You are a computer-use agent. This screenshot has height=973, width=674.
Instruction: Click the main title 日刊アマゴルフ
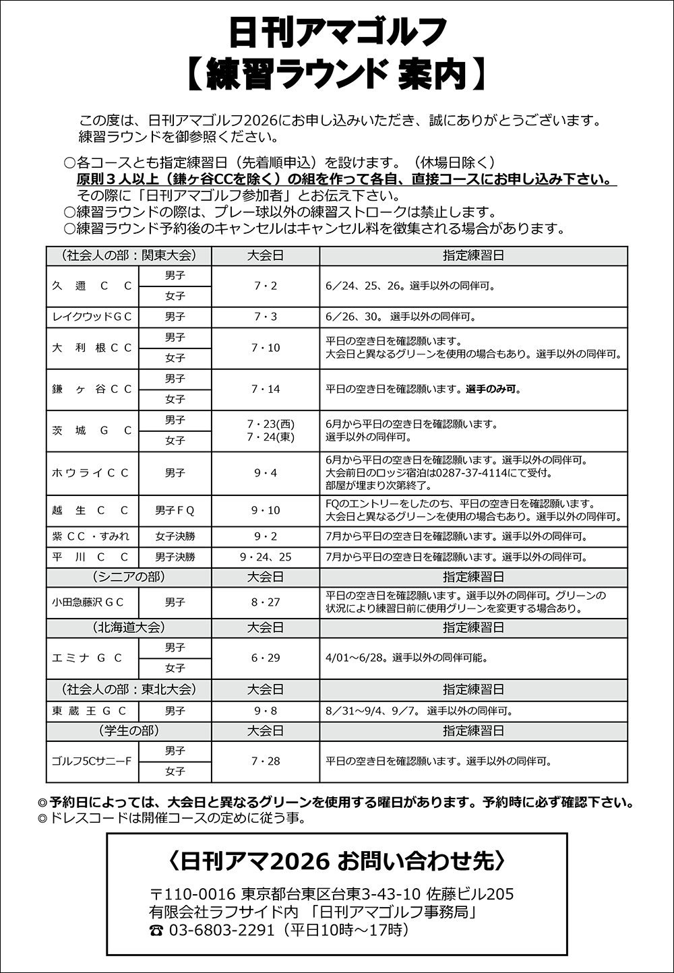(336, 32)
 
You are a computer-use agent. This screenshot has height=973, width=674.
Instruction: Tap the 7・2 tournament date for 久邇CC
(266, 286)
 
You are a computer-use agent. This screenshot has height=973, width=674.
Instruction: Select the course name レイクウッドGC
(92, 317)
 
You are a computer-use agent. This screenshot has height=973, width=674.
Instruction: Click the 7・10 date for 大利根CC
(266, 348)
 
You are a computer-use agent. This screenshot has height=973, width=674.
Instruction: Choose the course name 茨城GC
(92, 431)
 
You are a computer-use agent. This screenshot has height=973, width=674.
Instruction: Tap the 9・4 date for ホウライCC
(266, 473)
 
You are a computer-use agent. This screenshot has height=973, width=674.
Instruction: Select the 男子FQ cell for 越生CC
(175, 511)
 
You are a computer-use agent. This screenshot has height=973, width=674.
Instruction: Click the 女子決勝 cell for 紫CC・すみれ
(175, 537)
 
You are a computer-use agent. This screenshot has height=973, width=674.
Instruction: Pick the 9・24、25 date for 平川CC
(266, 557)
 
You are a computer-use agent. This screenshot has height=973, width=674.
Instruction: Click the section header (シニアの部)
(128, 577)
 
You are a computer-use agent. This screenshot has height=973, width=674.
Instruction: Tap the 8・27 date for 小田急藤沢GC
(266, 602)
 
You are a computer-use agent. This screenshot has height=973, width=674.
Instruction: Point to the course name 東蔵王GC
(92, 711)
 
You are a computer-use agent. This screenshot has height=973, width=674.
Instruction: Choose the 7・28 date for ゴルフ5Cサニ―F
(266, 761)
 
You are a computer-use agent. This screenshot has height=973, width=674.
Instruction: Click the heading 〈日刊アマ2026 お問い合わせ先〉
(336, 861)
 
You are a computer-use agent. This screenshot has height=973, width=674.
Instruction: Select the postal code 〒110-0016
(192, 894)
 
